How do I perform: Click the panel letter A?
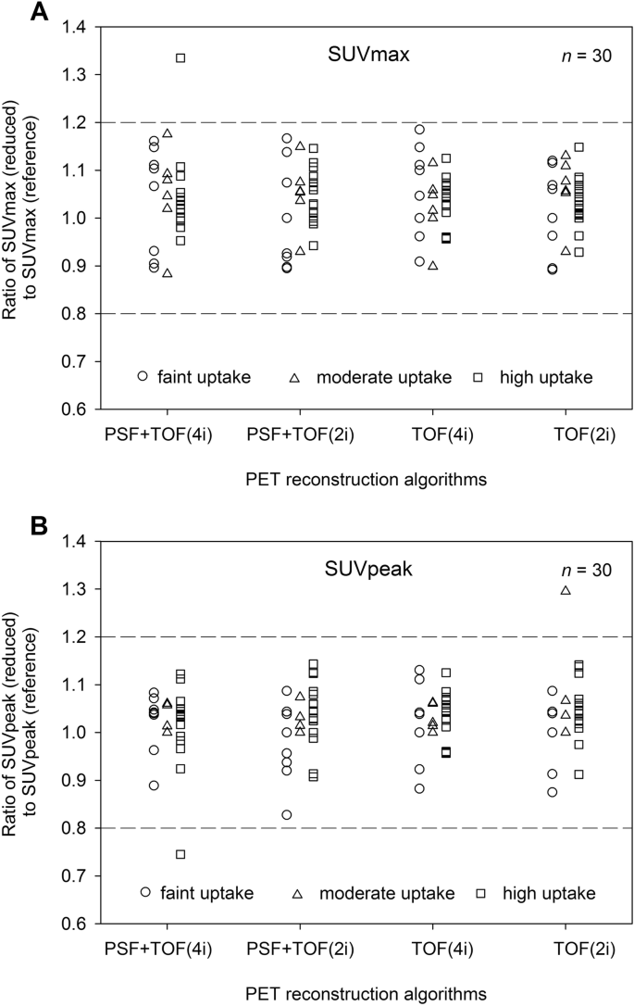pos(15,14)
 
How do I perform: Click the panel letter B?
pos(15,528)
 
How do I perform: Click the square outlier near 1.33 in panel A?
pos(180,57)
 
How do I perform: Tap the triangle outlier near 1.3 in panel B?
pos(566,590)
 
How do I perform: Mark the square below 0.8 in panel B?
pos(180,854)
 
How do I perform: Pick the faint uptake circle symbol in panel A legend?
pos(143,376)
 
